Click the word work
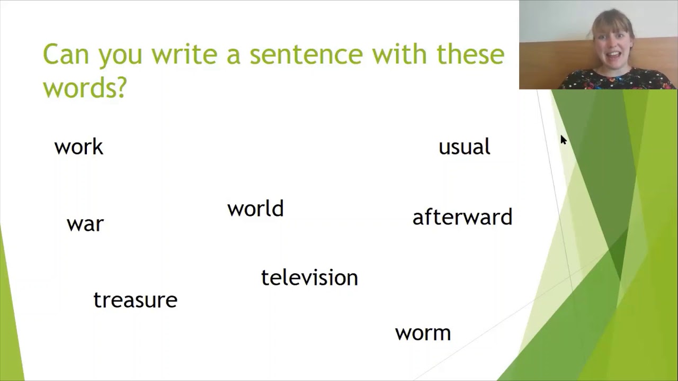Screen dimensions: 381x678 coord(78,147)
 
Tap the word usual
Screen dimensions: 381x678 coord(464,147)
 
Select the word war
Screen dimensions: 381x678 coord(85,224)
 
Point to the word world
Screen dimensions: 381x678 coord(255,209)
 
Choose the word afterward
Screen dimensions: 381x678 coord(462,217)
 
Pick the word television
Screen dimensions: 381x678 coord(309,278)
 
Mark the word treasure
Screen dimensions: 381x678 coord(135,300)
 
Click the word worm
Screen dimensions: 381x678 coord(423,333)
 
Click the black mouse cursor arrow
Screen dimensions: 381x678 coord(563,140)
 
